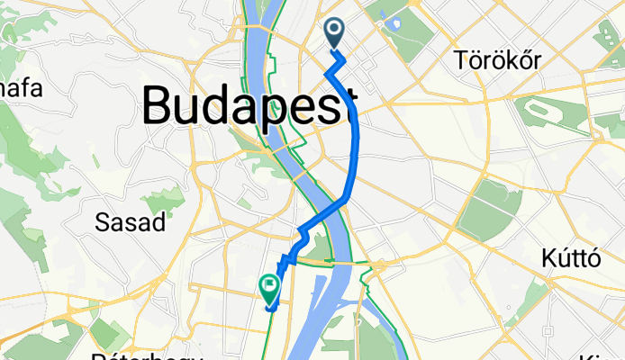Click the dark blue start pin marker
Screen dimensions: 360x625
334,33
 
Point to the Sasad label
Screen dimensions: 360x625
131,223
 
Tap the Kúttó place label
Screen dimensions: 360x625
572,259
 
